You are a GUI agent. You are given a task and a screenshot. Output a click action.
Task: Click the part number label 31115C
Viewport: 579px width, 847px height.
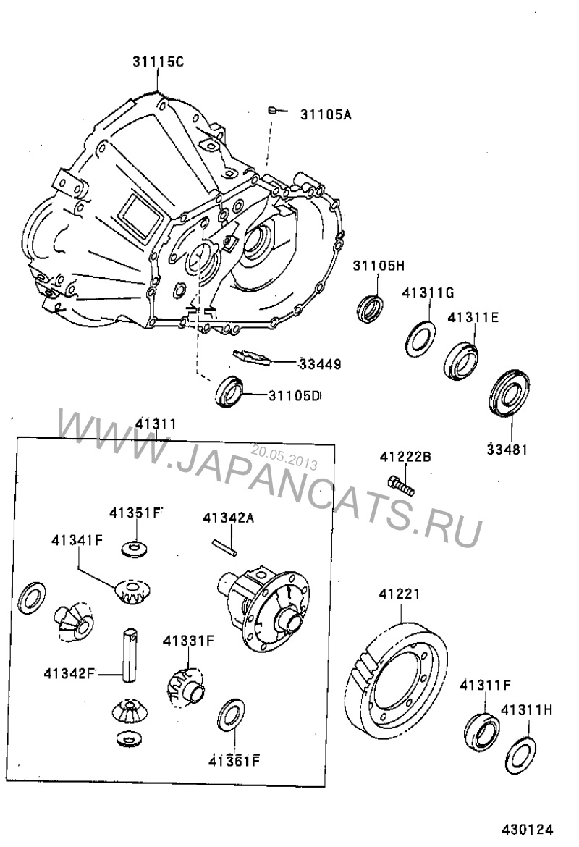point(158,62)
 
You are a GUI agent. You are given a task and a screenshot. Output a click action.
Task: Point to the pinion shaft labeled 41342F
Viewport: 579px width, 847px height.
point(130,654)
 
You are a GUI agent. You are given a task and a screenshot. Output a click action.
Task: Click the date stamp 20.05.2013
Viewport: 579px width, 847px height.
point(284,455)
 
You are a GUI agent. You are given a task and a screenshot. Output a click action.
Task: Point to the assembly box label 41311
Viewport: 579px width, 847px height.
point(156,423)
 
